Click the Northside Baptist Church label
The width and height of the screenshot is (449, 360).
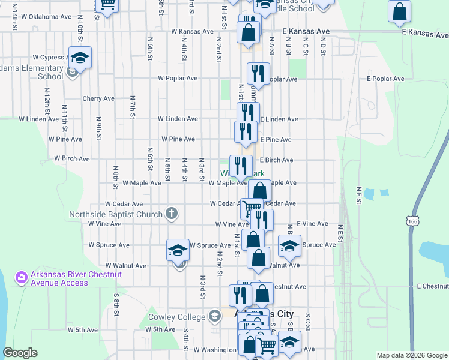click(116, 214)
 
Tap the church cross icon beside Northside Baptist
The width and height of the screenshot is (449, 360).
click(172, 213)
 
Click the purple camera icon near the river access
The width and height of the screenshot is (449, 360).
click(22, 277)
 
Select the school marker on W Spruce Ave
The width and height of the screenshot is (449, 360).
click(178, 250)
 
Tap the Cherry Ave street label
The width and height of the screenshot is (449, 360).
click(98, 98)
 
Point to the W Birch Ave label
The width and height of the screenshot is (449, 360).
click(72, 159)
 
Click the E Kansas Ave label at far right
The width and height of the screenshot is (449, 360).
click(424, 32)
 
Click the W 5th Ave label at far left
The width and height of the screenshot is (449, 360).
click(82, 330)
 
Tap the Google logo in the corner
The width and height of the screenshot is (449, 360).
click(20, 353)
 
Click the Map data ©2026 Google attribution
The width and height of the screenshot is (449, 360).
click(411, 355)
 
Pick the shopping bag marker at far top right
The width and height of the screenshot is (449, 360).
click(399, 12)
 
